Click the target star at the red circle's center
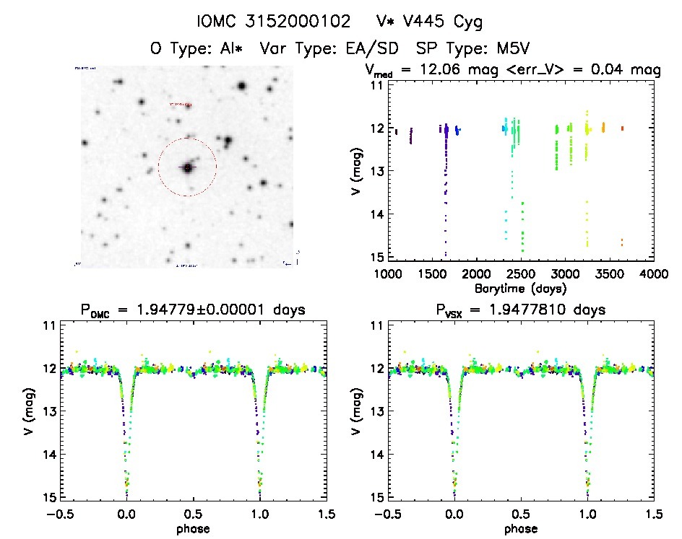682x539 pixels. click(x=187, y=167)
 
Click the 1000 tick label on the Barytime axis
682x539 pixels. click(x=388, y=274)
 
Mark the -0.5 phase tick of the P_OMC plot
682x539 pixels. click(x=61, y=514)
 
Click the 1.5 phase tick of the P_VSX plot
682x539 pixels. click(x=654, y=514)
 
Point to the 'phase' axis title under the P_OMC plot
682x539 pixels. click(x=193, y=528)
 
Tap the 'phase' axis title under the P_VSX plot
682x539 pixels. click(x=520, y=528)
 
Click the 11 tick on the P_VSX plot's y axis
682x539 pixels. click(x=375, y=325)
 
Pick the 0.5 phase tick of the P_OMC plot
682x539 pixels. click(x=193, y=514)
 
